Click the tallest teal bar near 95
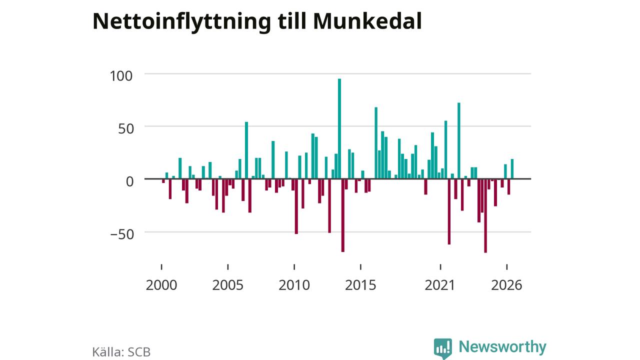point(339,129)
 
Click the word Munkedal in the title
point(367,21)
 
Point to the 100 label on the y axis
point(121,76)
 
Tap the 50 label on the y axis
point(126,129)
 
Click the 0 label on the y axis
point(129,181)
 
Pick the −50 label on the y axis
point(122,234)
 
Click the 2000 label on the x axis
point(161,285)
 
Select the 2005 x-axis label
point(227,285)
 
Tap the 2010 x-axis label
point(294,285)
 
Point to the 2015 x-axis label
point(360,285)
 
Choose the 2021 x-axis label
point(439,285)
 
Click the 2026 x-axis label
point(506,285)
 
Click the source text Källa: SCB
point(121,352)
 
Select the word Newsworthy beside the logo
point(502,347)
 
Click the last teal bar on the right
point(512,169)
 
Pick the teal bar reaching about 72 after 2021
point(459,141)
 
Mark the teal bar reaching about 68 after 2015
point(376,143)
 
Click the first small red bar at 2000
point(163,181)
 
